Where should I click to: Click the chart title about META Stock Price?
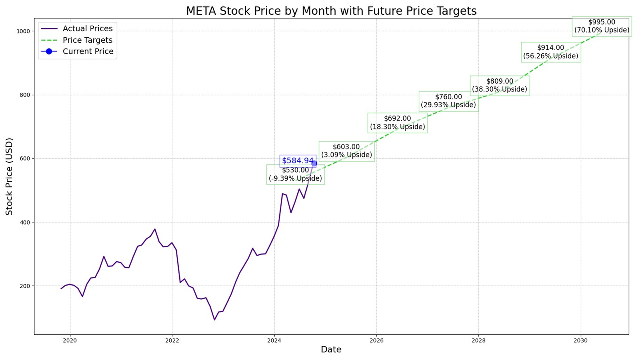[x=331, y=11]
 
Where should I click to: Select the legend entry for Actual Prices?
[x=88, y=29]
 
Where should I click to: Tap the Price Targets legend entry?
[x=88, y=40]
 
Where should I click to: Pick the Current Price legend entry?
[x=88, y=52]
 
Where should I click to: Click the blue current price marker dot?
[x=314, y=164]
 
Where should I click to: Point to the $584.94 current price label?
[x=297, y=161]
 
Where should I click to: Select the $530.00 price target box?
[x=295, y=175]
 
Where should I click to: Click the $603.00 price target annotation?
[x=346, y=151]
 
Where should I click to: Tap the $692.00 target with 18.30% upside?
[x=397, y=123]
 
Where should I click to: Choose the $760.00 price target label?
[x=448, y=101]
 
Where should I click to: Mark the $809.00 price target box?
[x=500, y=85]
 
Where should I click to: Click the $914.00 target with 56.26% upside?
[x=551, y=52]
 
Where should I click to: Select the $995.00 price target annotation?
[x=602, y=26]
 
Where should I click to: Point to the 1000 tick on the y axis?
[x=24, y=31]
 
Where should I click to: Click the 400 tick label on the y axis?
[x=25, y=222]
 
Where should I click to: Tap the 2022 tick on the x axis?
[x=172, y=341]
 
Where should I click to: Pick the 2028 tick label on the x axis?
[x=479, y=341]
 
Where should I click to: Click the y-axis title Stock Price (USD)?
[x=10, y=176]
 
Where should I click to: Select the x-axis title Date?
[x=331, y=350]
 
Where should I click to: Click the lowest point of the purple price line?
[x=214, y=320]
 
